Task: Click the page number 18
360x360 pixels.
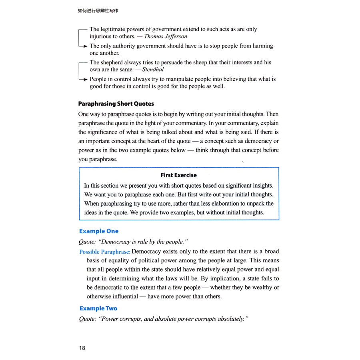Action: [82, 348]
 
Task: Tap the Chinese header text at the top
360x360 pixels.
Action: [98, 11]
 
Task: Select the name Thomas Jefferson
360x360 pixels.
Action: [166, 36]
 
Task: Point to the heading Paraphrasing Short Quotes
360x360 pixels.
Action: [116, 104]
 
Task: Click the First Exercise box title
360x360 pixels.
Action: [179, 175]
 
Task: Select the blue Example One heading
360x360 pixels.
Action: [99, 231]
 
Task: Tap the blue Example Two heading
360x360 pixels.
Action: [98, 308]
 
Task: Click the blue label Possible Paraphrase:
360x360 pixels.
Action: [105, 252]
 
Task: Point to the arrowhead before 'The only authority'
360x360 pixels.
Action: [85, 46]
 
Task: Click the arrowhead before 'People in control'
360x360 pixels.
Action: [85, 79]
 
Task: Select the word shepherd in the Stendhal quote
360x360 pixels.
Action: [113, 62]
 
